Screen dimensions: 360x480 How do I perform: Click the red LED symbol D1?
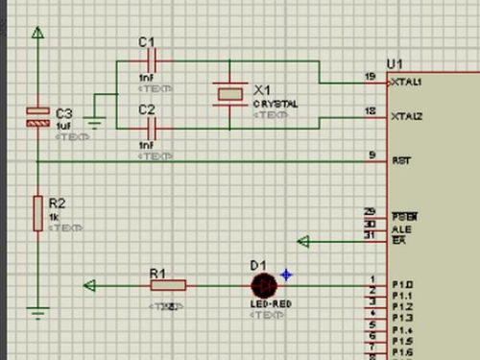pyautogui.click(x=263, y=285)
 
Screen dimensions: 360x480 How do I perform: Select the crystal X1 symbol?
pyautogui.click(x=231, y=92)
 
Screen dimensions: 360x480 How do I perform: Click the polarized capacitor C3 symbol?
pyautogui.click(x=36, y=117)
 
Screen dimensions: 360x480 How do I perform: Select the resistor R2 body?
pyautogui.click(x=36, y=211)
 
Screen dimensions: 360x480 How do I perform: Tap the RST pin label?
pyautogui.click(x=401, y=161)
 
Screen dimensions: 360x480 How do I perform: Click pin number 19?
pyautogui.click(x=370, y=76)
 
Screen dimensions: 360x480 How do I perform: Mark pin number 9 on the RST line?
pyautogui.click(x=372, y=155)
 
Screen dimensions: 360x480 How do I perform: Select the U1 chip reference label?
pyautogui.click(x=395, y=63)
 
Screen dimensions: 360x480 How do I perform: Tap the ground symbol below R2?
pyautogui.click(x=36, y=309)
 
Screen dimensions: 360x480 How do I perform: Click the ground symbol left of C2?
pyautogui.click(x=94, y=121)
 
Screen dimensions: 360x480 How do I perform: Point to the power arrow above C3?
pyautogui.click(x=36, y=36)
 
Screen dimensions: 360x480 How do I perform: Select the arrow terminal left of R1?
pyautogui.click(x=90, y=285)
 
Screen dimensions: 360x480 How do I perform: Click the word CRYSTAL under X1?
pyautogui.click(x=276, y=103)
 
